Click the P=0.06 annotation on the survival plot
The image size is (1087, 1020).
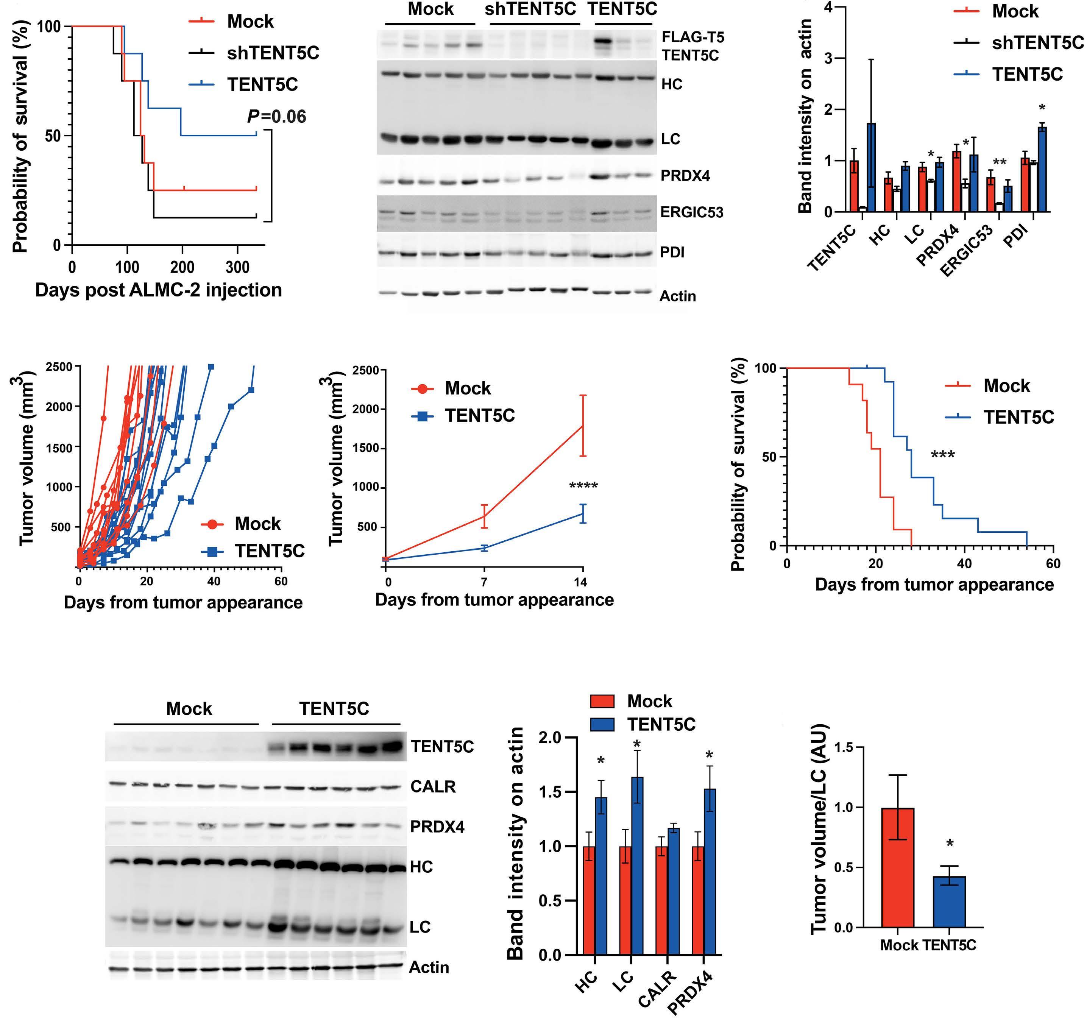277,117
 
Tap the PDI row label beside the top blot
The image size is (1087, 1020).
672,253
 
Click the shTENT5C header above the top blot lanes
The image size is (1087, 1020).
531,10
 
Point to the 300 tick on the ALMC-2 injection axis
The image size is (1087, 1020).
237,267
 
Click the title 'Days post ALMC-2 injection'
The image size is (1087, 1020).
159,290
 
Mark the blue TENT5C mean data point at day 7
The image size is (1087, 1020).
484,547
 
